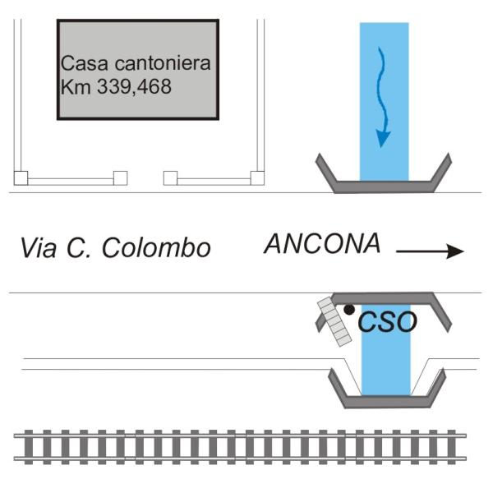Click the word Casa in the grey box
(85, 63)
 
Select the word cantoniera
(163, 63)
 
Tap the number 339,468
(134, 86)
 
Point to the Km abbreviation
(76, 86)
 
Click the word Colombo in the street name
(156, 248)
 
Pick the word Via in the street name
(39, 248)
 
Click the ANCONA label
(322, 243)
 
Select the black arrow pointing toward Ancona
(430, 251)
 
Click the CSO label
(387, 321)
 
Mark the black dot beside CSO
(349, 310)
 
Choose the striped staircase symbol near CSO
(334, 321)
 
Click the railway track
(240, 447)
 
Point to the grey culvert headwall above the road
(384, 187)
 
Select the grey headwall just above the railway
(387, 402)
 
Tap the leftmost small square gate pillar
(21, 178)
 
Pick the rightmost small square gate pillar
(257, 178)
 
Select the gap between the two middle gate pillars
(145, 178)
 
